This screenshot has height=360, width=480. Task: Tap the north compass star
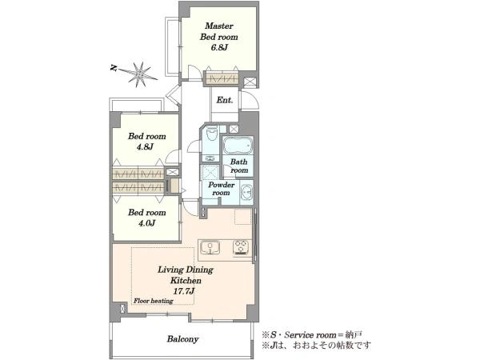pos(139,74)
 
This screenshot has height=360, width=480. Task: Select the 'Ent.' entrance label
pos(225,100)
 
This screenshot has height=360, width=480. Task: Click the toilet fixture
pos(211,133)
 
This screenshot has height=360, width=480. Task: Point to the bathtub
pos(238,146)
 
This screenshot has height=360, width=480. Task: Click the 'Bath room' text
pos(239,166)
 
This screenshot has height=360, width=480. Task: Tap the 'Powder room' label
pos(222,189)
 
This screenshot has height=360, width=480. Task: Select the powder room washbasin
pos(246,192)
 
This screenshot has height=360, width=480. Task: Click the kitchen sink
pos(210,247)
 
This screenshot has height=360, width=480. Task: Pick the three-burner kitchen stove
pos(242,247)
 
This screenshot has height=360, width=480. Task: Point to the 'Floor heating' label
pos(154,301)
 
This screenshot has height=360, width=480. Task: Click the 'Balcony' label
pos(182,339)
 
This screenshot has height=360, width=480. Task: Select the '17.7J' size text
pos(184,291)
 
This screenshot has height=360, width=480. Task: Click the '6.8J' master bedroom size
pos(218,48)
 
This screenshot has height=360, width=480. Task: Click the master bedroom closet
pos(222,79)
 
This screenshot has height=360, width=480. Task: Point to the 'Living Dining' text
pos(186,270)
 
